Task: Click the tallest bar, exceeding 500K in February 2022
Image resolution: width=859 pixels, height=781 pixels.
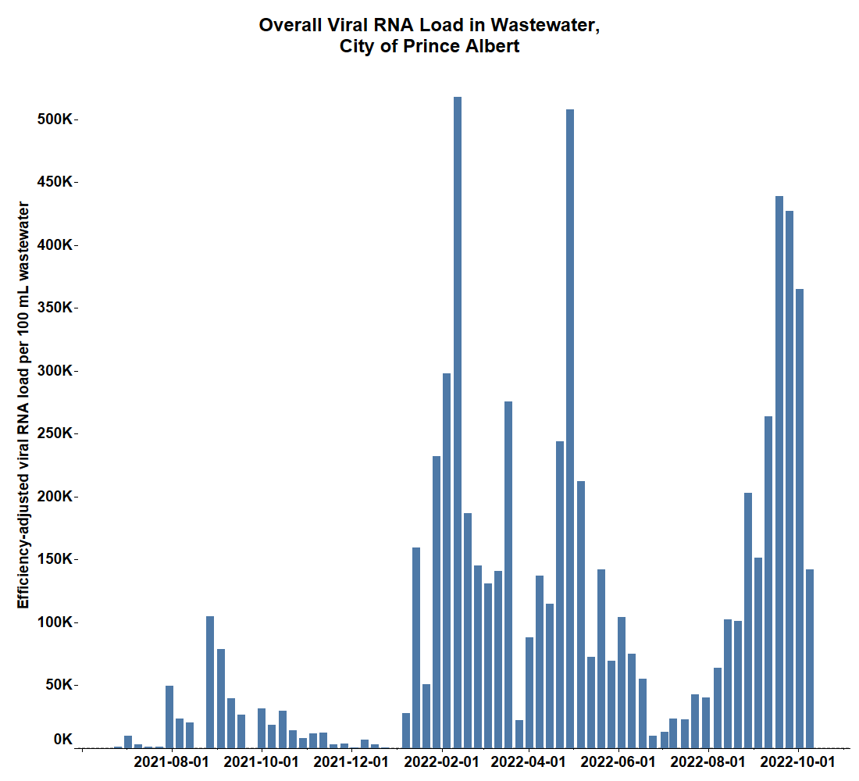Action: point(458,422)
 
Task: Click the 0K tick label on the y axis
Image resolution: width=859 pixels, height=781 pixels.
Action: point(63,740)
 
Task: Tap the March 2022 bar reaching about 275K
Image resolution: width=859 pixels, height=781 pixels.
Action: point(508,574)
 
